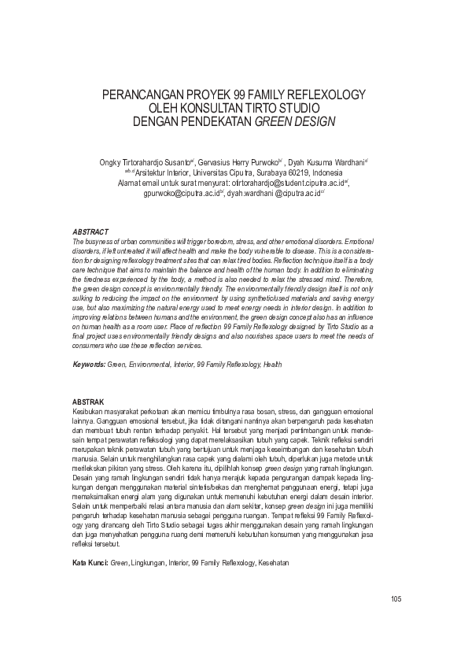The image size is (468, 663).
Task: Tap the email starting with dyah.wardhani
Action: (x=272, y=193)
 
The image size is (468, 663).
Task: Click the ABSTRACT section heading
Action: (x=90, y=232)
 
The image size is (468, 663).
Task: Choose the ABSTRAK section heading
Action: (x=88, y=402)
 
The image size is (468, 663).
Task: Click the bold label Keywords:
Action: (x=89, y=365)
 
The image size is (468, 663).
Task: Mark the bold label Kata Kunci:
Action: (x=90, y=541)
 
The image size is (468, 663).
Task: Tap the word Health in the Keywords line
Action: (x=272, y=365)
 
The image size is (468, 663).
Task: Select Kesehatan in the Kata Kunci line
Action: (x=270, y=541)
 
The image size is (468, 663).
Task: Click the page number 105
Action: (x=396, y=599)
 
